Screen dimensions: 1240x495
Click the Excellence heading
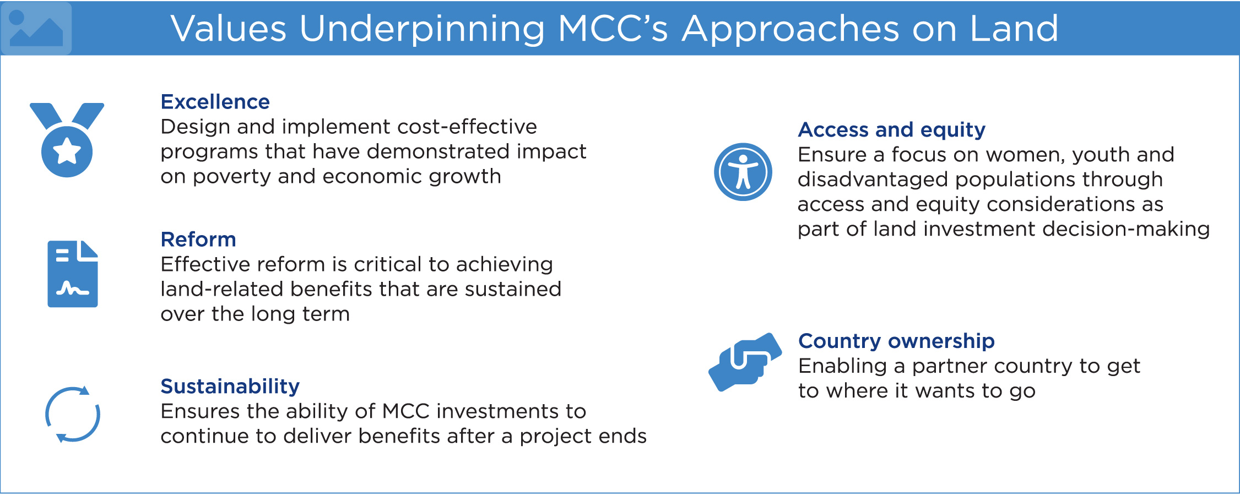tap(215, 102)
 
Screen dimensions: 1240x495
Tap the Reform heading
tap(198, 240)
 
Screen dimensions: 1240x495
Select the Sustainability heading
tap(230, 387)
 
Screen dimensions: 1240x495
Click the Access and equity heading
tap(891, 130)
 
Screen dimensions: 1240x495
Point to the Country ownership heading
tap(896, 341)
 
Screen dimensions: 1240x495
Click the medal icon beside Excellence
tap(67, 140)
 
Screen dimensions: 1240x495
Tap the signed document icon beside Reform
tap(73, 274)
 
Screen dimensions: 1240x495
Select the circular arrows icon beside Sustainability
tap(73, 414)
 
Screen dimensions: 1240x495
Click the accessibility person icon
tap(743, 172)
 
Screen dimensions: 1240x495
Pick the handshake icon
tap(745, 362)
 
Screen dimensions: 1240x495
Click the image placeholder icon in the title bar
tap(36, 28)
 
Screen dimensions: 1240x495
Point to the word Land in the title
tap(1014, 29)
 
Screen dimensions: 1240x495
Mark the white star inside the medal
tap(67, 151)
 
